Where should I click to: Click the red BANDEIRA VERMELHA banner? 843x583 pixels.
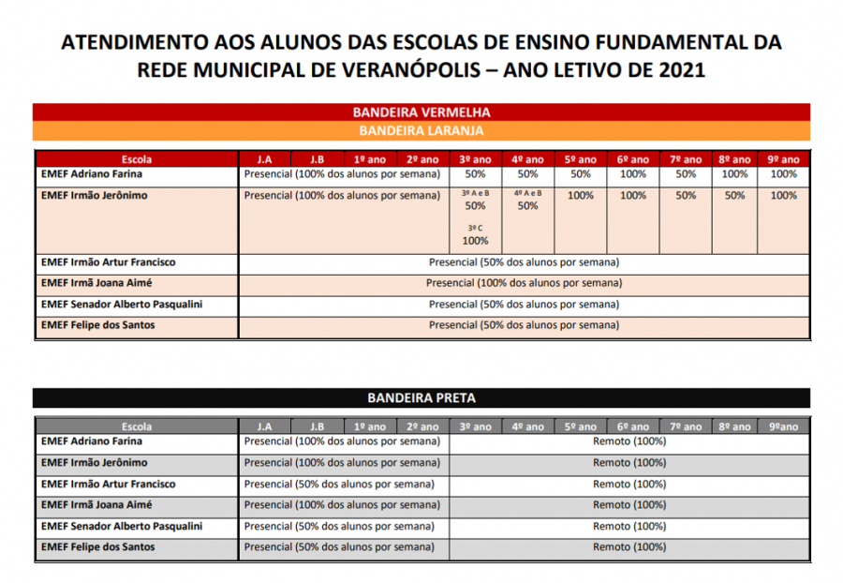coord(421,112)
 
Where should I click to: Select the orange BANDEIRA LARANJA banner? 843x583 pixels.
coord(421,130)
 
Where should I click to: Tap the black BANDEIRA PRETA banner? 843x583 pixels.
coord(421,397)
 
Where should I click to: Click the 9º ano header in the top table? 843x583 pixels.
coord(783,159)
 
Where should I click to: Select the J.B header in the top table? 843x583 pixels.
coord(317,159)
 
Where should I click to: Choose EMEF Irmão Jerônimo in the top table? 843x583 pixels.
coord(95,196)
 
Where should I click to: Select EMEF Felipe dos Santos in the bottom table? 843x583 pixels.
coord(98,546)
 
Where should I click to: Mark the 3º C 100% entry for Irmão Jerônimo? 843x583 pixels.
coord(475,234)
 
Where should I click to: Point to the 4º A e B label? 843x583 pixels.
coord(527,192)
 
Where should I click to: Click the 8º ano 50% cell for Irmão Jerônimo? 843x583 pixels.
coord(734,196)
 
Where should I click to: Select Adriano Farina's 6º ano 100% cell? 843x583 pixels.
coord(633,174)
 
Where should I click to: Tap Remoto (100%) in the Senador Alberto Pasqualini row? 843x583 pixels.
coord(629,527)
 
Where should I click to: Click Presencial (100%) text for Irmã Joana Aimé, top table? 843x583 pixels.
coord(524,283)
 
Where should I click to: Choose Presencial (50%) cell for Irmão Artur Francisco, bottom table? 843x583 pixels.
coord(339,485)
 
